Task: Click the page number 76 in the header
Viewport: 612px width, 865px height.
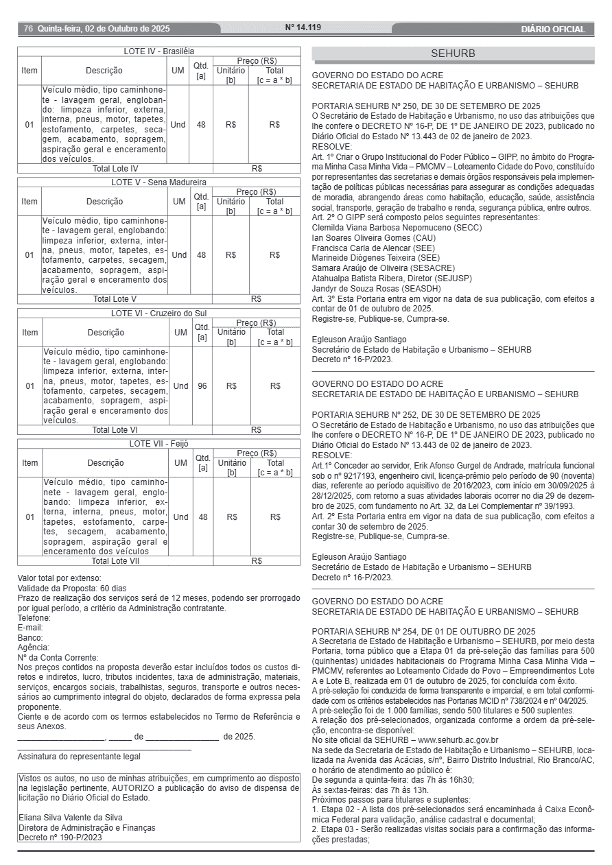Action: pos(28,29)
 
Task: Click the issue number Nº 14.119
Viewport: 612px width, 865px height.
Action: pos(303,28)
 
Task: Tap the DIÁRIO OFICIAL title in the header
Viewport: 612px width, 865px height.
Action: pos(553,29)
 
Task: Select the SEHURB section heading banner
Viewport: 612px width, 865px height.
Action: pos(453,54)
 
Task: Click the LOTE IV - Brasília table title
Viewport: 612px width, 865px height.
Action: pos(158,51)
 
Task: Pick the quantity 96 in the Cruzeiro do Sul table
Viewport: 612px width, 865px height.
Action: pos(202,386)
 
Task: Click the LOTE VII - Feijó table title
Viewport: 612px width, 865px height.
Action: pos(158,444)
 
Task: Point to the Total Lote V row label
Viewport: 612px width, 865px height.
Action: pos(115,299)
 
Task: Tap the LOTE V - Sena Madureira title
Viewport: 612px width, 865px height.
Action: pos(158,182)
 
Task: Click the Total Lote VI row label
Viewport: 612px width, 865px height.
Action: pos(115,430)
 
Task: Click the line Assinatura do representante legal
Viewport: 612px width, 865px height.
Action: pos(79,757)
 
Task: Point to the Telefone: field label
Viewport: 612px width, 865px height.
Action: pos(34,617)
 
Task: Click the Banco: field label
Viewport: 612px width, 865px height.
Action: pos(30,637)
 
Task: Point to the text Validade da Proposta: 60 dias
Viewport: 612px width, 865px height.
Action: pos(72,588)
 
